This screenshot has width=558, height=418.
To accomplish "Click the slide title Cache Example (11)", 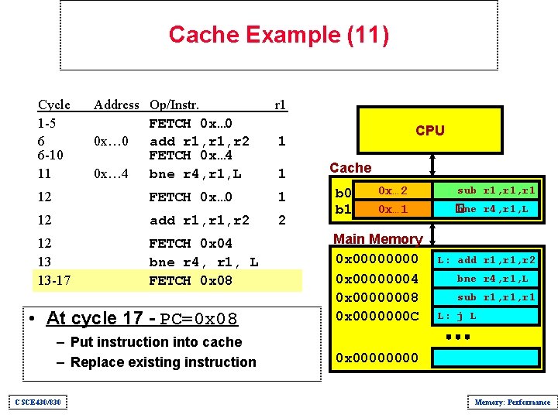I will (x=278, y=35).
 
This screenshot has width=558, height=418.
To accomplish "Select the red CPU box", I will (x=430, y=130).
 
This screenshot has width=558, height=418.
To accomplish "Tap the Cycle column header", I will (x=54, y=104).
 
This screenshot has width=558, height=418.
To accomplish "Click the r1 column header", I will (x=281, y=104).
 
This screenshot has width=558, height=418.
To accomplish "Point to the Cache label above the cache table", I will (x=350, y=168).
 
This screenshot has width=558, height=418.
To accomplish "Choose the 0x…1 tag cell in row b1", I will (x=393, y=209).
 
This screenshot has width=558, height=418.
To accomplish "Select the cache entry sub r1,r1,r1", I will (x=497, y=190).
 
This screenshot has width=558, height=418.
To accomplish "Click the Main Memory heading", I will (x=377, y=239).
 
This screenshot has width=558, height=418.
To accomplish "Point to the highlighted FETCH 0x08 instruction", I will (x=191, y=280).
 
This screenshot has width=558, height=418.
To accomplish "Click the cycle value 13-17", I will (x=54, y=280).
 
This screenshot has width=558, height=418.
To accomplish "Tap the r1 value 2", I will (x=281, y=221).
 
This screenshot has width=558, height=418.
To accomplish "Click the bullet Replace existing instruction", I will (x=163, y=362).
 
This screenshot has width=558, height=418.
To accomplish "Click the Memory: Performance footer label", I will (x=512, y=402).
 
